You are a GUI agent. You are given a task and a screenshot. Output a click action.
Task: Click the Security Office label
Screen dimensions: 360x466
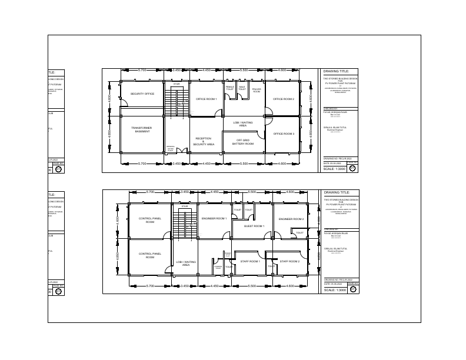point(142,94)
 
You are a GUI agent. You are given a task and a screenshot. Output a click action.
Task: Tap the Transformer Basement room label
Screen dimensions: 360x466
point(142,129)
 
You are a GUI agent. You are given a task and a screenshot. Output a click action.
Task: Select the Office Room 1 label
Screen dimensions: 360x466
point(207,99)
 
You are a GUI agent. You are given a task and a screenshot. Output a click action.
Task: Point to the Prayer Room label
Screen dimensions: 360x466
point(257,90)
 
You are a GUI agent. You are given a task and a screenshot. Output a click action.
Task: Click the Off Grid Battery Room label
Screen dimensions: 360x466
point(242,142)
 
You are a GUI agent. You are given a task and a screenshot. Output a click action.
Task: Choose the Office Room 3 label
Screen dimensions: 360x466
point(284,134)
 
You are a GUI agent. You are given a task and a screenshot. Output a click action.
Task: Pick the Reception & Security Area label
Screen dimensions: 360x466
point(204,141)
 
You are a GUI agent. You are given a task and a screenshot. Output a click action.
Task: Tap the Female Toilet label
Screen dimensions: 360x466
point(230,89)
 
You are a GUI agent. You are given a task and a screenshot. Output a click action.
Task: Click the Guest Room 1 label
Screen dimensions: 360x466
point(254,226)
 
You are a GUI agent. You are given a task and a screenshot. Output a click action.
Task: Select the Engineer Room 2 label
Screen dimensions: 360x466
point(291,219)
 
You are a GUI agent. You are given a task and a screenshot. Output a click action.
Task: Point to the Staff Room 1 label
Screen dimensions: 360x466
point(251,261)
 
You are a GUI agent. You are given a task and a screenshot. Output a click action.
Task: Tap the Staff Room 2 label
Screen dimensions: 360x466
point(289,261)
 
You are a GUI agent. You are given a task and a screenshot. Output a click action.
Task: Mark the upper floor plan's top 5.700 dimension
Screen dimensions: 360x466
point(142,70)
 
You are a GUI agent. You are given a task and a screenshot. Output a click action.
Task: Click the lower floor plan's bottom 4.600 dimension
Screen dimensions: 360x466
point(290,286)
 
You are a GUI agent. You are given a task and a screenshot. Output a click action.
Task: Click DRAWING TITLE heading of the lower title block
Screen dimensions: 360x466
point(337,192)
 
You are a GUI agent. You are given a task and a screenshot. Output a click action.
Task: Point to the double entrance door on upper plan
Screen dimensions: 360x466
point(182,151)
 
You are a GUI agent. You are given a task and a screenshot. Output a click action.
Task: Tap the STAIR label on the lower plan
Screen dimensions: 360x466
point(185,206)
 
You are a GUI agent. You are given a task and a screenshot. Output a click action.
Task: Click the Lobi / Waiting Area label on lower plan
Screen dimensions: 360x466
point(185,264)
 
